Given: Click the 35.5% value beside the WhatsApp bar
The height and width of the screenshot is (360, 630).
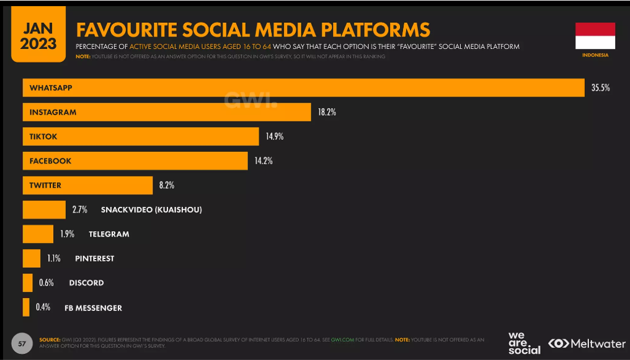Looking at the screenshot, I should (600, 88).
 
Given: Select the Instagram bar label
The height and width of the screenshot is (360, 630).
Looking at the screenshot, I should (53, 112).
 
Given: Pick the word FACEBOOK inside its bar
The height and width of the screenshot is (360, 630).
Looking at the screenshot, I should (50, 160).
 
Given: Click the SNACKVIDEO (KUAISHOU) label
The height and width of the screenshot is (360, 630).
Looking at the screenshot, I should (151, 209).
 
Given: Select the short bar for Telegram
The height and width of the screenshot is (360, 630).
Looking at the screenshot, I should (38, 234).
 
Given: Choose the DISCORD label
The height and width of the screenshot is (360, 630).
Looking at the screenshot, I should (86, 283).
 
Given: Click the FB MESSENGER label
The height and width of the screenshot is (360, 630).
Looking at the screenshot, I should (93, 307).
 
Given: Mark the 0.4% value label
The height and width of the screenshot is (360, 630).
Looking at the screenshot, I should (43, 307).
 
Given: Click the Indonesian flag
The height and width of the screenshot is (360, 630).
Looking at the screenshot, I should (595, 35).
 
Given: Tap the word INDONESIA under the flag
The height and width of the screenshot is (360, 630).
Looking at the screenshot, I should (595, 55).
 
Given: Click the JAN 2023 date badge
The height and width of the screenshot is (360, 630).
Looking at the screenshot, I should (38, 36).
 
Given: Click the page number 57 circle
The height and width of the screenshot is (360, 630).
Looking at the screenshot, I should (21, 343).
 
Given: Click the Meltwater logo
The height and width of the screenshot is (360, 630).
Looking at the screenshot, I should (587, 343).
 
